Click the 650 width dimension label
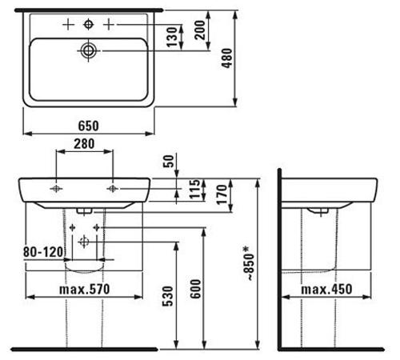(88, 126)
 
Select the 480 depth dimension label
(227, 58)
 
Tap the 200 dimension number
(200, 30)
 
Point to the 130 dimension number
(172, 37)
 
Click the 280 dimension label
(84, 144)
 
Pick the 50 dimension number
(168, 161)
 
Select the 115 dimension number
(194, 189)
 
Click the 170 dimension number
(222, 194)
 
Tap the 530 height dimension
(168, 296)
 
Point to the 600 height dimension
(196, 289)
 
